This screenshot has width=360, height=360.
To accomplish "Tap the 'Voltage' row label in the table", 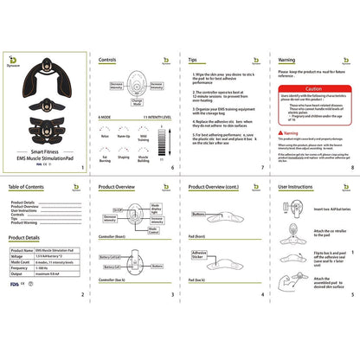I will click(18, 254).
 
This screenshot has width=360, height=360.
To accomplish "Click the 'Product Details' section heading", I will click(26, 237).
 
